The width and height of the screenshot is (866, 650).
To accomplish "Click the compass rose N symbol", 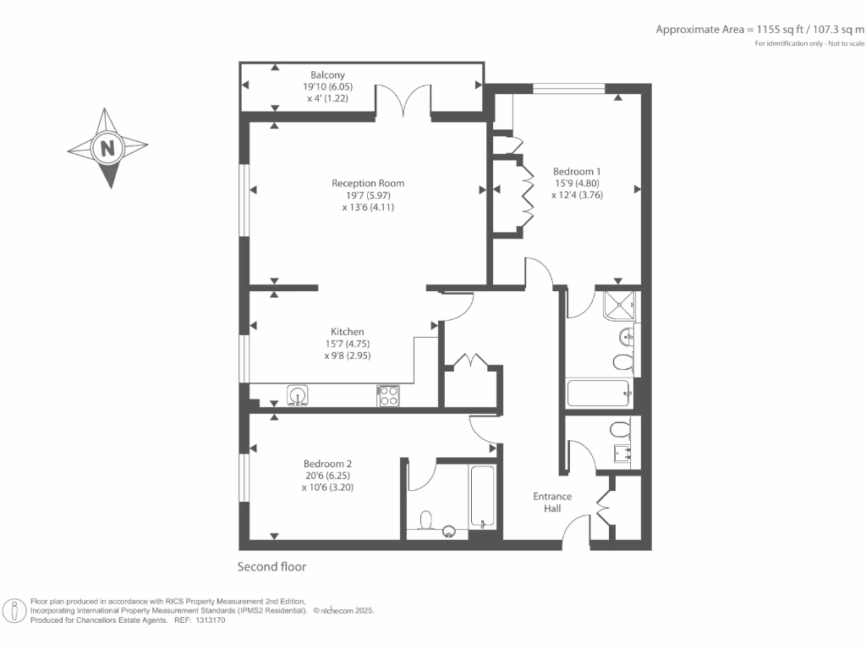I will (107, 148).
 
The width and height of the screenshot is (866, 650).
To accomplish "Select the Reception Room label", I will (368, 183).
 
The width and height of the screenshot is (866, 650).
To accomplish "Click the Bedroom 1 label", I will (577, 172).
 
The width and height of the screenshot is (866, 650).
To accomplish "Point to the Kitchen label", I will (347, 332).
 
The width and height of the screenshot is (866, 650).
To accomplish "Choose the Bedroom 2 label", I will (327, 464).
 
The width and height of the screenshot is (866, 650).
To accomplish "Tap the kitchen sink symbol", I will (297, 394).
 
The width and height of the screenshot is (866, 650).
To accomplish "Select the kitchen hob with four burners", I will (388, 394).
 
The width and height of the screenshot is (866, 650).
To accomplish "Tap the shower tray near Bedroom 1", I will (622, 305).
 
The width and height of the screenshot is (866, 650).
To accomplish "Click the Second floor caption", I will (271, 567).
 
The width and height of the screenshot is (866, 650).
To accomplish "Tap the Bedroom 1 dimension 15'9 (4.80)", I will (576, 184).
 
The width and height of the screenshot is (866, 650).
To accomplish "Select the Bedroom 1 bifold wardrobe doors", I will (526, 195).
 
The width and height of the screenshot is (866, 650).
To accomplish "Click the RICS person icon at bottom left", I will (14, 610).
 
